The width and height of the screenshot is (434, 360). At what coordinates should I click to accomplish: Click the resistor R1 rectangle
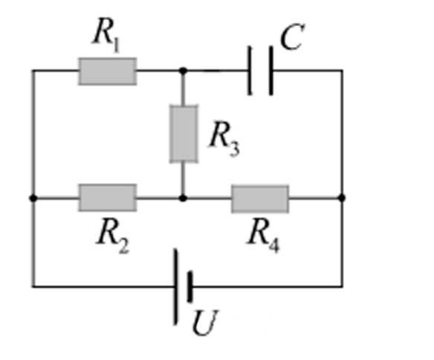(x=108, y=71)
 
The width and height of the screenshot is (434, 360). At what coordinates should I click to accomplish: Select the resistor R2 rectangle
(x=108, y=198)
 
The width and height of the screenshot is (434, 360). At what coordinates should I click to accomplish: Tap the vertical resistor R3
(x=184, y=133)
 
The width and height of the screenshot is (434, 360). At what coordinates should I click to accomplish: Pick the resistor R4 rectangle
(x=260, y=199)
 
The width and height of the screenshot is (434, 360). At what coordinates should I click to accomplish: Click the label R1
(x=106, y=34)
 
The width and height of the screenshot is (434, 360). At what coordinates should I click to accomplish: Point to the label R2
(x=112, y=236)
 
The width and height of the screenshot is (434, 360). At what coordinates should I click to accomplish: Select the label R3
(x=224, y=138)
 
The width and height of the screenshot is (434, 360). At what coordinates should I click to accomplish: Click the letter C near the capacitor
(x=292, y=37)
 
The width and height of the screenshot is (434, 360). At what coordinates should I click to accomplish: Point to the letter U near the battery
(x=205, y=323)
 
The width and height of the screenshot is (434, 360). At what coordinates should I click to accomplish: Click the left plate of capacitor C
(x=250, y=71)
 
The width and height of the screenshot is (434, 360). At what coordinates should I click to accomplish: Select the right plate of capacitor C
(x=271, y=71)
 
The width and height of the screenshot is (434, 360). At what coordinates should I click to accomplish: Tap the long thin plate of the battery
(x=175, y=286)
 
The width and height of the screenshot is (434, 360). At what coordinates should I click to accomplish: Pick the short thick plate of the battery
(x=190, y=287)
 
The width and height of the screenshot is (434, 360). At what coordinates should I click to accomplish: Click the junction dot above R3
(x=183, y=71)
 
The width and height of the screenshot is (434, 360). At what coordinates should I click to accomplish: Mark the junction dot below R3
(x=183, y=198)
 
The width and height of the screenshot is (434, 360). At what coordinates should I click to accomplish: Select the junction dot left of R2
(x=33, y=198)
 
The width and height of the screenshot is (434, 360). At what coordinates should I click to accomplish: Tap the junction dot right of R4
(x=342, y=198)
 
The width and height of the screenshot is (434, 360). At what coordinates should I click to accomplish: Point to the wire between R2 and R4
(x=184, y=198)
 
